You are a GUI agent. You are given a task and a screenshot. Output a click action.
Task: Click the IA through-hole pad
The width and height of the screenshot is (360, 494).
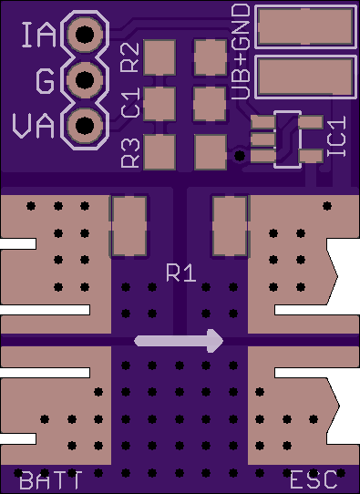point(85,34)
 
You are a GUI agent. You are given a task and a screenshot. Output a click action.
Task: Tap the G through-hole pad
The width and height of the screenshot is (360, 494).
point(85,79)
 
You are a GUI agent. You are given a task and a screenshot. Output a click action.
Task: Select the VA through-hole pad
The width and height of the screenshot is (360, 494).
point(85,126)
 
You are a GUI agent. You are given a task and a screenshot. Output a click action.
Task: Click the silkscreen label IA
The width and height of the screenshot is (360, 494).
point(39,36)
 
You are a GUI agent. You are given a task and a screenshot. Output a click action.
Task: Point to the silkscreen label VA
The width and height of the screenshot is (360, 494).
point(34,126)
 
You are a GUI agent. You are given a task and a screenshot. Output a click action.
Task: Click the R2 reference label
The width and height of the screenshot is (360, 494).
point(130,57)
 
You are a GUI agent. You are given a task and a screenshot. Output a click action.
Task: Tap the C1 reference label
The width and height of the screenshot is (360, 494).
point(130,103)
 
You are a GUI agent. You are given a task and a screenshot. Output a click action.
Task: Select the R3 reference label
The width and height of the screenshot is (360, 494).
point(130,152)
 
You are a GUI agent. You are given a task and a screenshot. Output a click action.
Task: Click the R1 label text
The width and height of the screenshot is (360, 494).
point(181,273)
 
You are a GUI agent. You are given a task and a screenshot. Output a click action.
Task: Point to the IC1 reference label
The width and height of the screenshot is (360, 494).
point(336,136)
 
